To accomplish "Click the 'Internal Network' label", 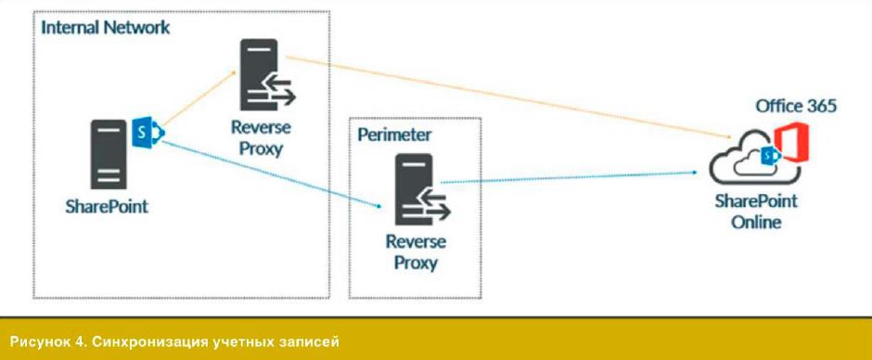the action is (106, 27).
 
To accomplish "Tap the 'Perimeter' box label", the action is (394, 135).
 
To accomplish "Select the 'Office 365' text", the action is (796, 106).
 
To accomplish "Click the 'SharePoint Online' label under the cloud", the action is (756, 212).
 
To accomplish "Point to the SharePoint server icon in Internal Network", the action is (109, 155).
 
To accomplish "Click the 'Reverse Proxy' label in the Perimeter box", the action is (416, 252).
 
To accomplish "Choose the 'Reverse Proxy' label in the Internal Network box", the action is (261, 138).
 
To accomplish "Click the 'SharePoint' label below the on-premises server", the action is (107, 207).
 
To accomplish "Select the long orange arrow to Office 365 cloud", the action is (508, 96).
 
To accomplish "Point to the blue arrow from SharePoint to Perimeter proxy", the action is (271, 174).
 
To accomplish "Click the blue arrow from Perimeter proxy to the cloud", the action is (569, 177).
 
